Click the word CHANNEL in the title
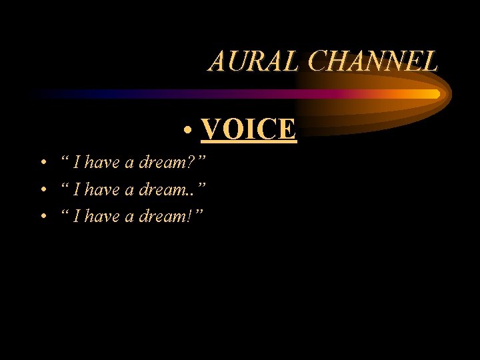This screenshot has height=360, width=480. coord(373,61)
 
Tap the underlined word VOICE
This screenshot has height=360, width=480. coord(248,129)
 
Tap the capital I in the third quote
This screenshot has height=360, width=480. coord(78,217)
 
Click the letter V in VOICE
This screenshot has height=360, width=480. coord(211,129)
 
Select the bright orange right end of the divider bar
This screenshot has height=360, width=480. coord(432,94)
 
